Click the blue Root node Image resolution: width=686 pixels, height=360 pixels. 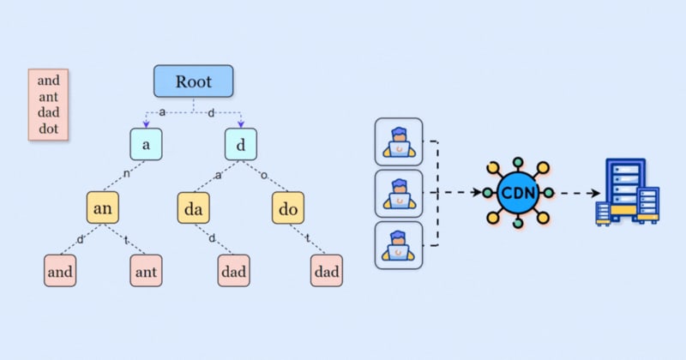point(194,81)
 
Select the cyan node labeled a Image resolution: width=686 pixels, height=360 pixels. point(147,144)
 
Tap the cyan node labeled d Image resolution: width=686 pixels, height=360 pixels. point(241,144)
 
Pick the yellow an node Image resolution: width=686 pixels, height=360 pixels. point(103,207)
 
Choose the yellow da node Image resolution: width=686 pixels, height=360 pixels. point(194,207)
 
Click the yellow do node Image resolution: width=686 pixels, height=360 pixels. point(288,207)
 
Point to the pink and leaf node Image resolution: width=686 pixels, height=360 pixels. point(60,271)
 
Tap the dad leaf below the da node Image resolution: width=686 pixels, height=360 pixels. point(233,271)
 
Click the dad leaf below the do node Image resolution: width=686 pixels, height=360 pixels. point(326,271)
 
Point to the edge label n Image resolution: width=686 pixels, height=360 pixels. point(126,172)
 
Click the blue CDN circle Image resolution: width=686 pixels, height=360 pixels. point(517,192)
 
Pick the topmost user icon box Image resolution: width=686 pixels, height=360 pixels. point(399,141)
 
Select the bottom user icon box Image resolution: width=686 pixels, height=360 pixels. point(399,245)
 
